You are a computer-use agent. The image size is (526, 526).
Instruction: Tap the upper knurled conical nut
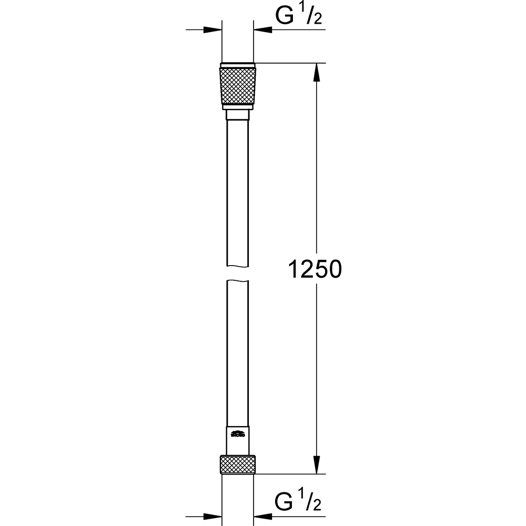click(x=238, y=84)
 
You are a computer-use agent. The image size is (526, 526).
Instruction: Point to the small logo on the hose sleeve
click(x=238, y=434)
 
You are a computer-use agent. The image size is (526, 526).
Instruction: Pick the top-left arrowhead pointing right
click(x=213, y=31)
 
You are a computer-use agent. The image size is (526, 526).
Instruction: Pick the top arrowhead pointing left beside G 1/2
click(x=263, y=31)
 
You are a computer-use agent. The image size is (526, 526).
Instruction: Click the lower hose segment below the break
click(x=238, y=352)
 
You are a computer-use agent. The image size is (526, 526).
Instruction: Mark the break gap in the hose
click(x=238, y=272)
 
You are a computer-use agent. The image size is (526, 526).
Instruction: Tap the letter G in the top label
click(x=285, y=17)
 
